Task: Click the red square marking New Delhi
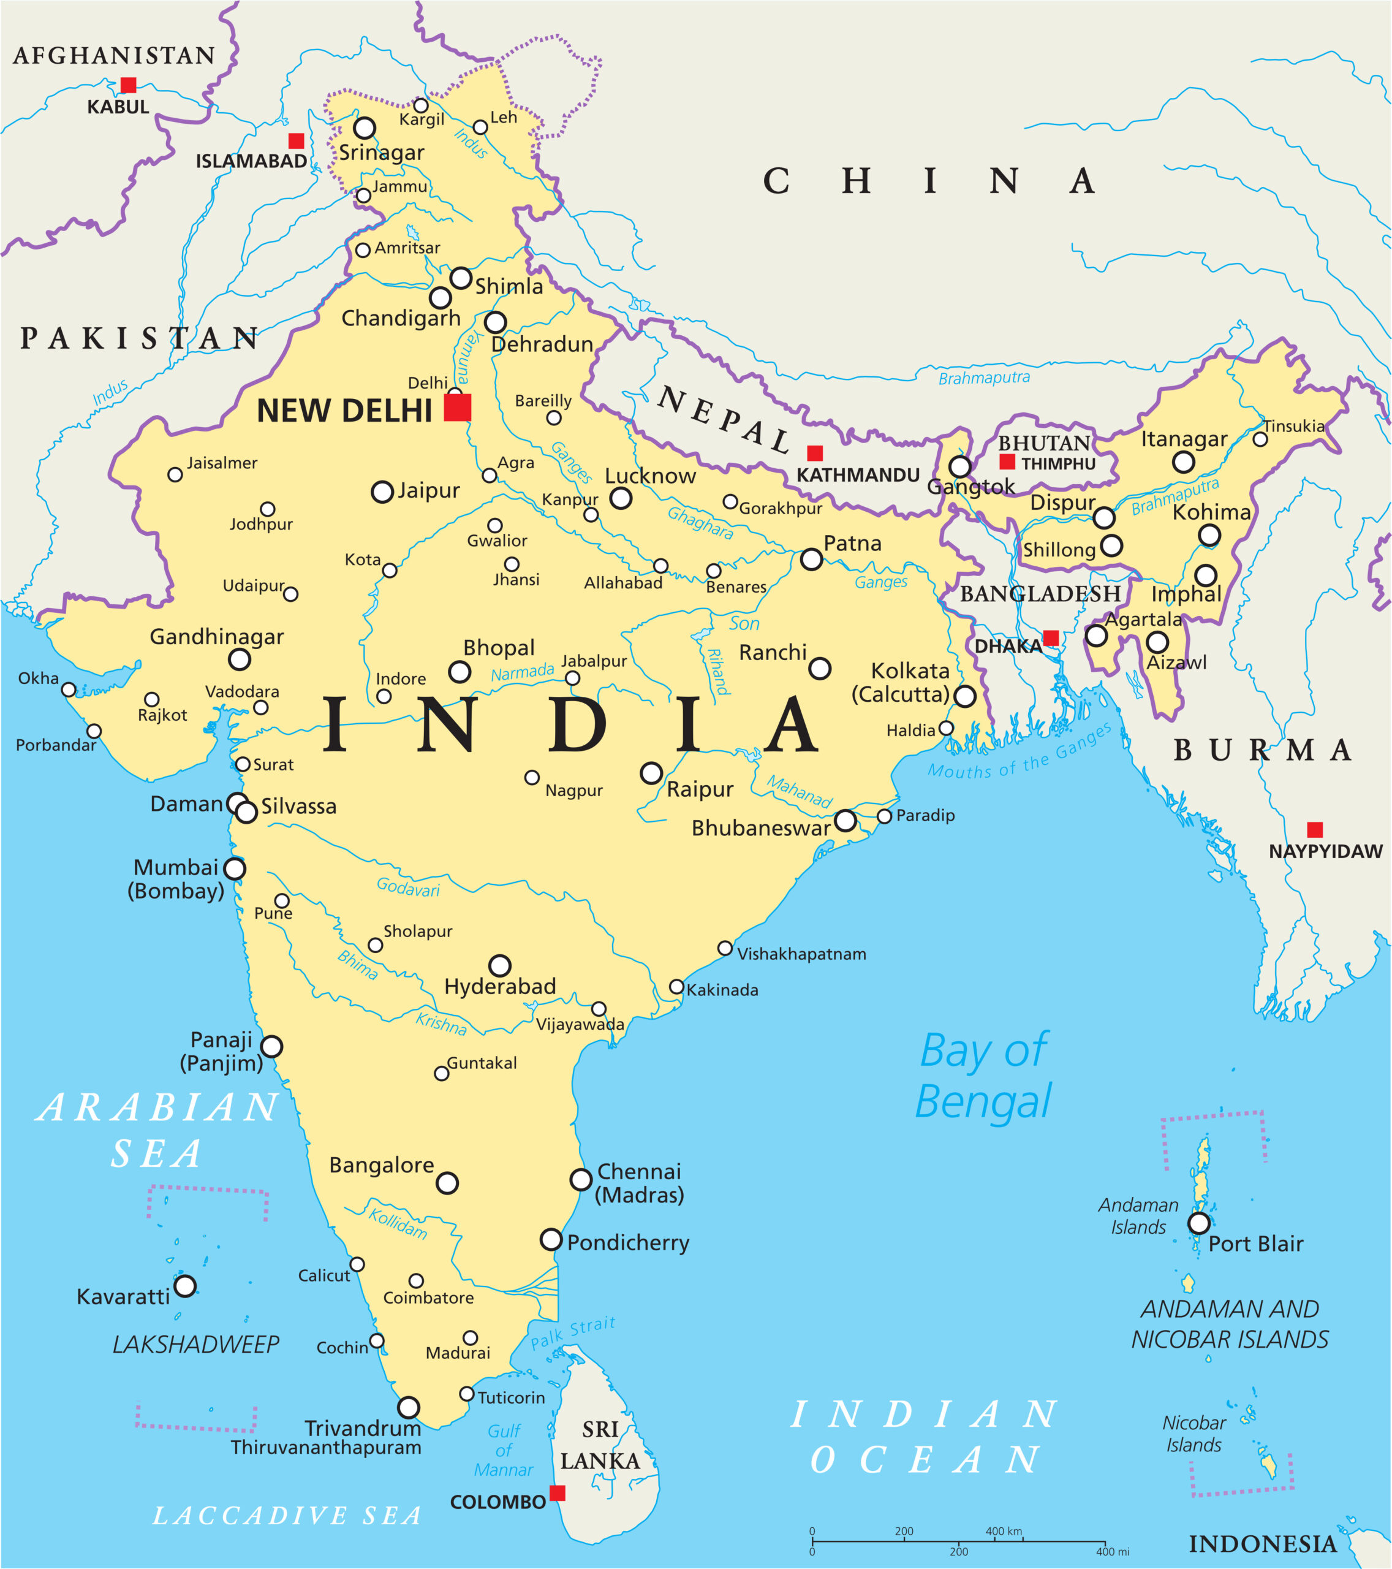pyautogui.click(x=457, y=407)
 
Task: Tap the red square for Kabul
pyautogui.click(x=128, y=85)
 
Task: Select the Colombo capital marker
pyautogui.click(x=558, y=1492)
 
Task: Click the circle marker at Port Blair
pyautogui.click(x=1198, y=1223)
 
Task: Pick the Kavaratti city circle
pyautogui.click(x=185, y=1285)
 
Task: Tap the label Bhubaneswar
pyautogui.click(x=760, y=828)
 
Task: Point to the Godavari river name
pyautogui.click(x=407, y=887)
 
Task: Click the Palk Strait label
pyautogui.click(x=572, y=1332)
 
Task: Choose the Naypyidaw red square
pyautogui.click(x=1314, y=829)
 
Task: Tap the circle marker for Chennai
pyautogui.click(x=581, y=1179)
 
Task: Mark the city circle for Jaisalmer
pyautogui.click(x=175, y=474)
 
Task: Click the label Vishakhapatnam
pyautogui.click(x=801, y=954)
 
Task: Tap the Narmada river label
pyautogui.click(x=522, y=672)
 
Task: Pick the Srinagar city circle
pyautogui.click(x=365, y=127)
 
